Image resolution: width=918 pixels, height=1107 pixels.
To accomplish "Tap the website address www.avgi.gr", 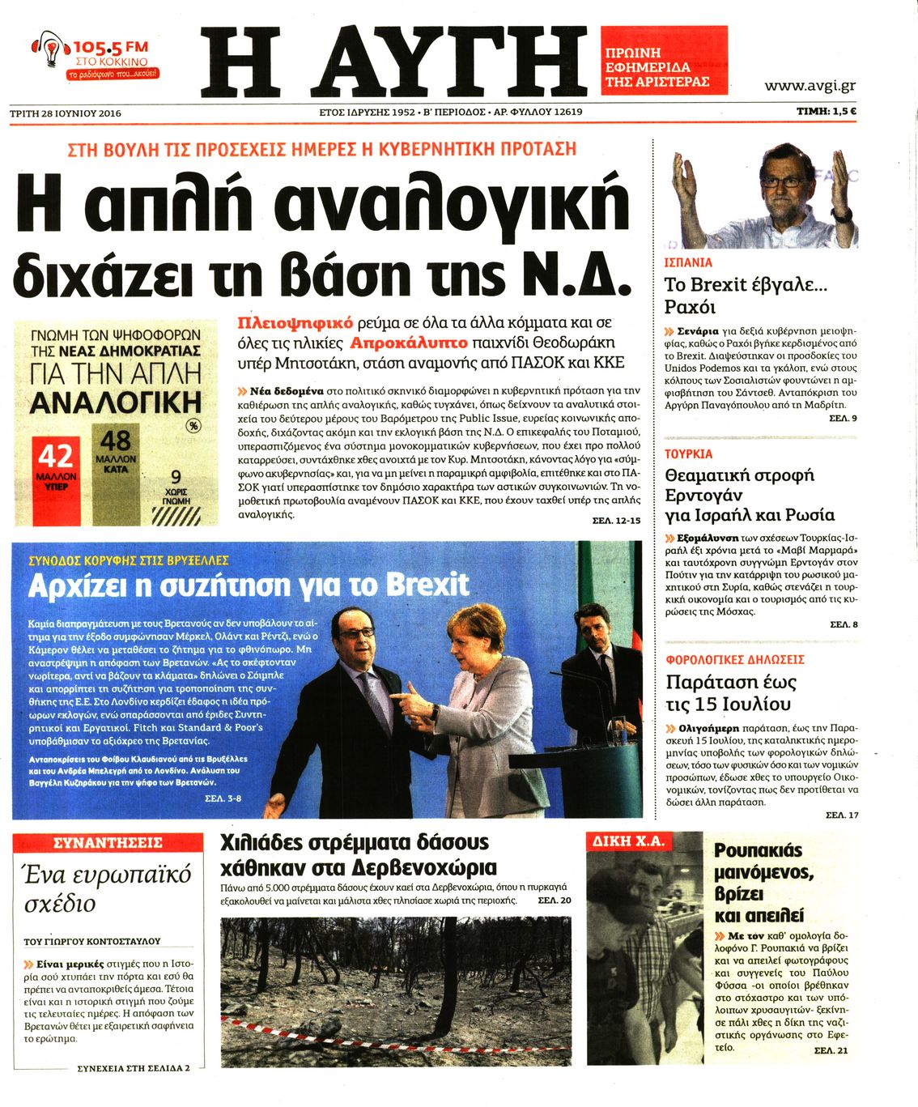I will tap(810, 86).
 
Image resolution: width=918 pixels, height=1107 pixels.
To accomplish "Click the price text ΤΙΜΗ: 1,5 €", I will tap(827, 113).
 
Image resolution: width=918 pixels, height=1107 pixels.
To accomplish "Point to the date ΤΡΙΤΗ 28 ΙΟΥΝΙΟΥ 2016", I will tap(66, 113).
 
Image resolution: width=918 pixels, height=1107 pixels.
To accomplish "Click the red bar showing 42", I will tap(57, 478).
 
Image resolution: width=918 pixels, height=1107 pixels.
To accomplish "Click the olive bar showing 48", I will tap(116, 470).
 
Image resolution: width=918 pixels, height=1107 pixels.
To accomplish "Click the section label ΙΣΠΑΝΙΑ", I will tap(688, 262).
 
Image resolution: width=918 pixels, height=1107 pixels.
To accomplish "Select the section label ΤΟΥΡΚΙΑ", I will tap(689, 453).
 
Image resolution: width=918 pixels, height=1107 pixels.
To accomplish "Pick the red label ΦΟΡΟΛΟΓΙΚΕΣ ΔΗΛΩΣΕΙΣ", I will tap(734, 659).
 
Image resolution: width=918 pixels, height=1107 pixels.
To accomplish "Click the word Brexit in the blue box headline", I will tap(427, 584).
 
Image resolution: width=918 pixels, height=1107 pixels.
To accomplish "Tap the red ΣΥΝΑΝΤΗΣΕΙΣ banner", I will tap(108, 843).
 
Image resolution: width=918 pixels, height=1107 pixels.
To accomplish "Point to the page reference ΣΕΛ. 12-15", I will tap(610, 521).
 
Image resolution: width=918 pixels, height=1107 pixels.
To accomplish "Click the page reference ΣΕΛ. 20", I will tap(554, 901).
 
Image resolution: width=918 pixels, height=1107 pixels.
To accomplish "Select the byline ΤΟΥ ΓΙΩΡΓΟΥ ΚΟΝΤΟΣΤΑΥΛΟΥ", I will tap(92, 941).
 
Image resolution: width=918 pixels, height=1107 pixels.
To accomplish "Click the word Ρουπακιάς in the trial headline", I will tap(758, 850).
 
